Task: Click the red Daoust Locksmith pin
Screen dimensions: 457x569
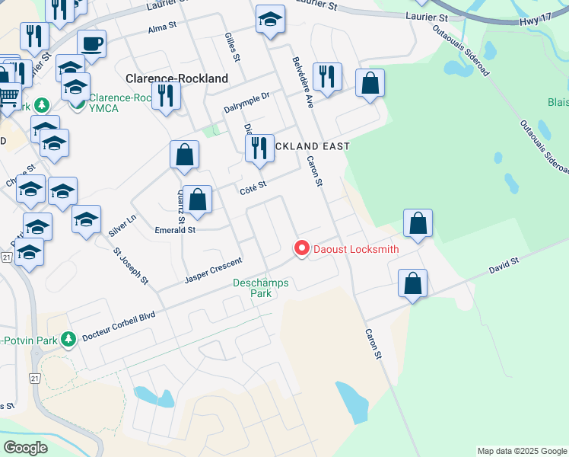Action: coord(302,248)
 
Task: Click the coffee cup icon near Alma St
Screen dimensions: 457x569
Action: coord(91,43)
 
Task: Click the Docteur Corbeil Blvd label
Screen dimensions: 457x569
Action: coord(118,325)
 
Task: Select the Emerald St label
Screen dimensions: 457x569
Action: coord(175,229)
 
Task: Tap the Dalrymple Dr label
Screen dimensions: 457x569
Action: coord(247,103)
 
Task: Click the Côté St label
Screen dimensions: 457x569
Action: coord(253,185)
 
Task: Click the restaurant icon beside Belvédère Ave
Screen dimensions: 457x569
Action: coord(327,76)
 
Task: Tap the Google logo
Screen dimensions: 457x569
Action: coord(25,448)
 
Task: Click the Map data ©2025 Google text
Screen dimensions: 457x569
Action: coord(521,451)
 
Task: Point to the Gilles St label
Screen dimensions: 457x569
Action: coord(233,47)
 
